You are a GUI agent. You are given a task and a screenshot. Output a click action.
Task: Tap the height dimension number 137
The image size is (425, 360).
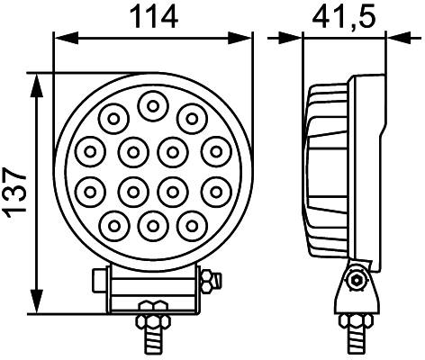(x=16, y=192)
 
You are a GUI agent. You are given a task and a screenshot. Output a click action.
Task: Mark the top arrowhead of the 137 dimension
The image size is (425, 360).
(x=36, y=81)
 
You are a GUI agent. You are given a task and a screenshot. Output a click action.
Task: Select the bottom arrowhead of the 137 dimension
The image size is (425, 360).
(x=36, y=303)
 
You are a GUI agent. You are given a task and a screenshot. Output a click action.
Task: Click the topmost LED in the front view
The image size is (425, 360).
(x=151, y=107)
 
